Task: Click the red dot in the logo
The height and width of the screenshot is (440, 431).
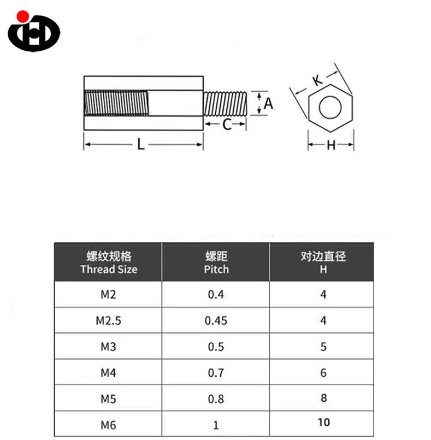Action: pos(23,16)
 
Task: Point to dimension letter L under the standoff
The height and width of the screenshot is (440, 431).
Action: pos(141,144)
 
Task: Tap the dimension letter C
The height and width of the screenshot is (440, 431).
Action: pos(227,124)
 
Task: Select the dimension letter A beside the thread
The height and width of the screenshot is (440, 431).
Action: pos(268,104)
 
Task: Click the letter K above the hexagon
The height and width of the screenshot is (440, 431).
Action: pos(318,80)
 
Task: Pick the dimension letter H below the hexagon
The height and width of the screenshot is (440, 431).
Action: pos(331,145)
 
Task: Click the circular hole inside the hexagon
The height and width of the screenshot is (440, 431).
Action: pos(330,108)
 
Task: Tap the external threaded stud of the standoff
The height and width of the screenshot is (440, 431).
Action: pos(225,104)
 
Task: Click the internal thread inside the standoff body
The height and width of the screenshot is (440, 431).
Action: pos(116,103)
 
